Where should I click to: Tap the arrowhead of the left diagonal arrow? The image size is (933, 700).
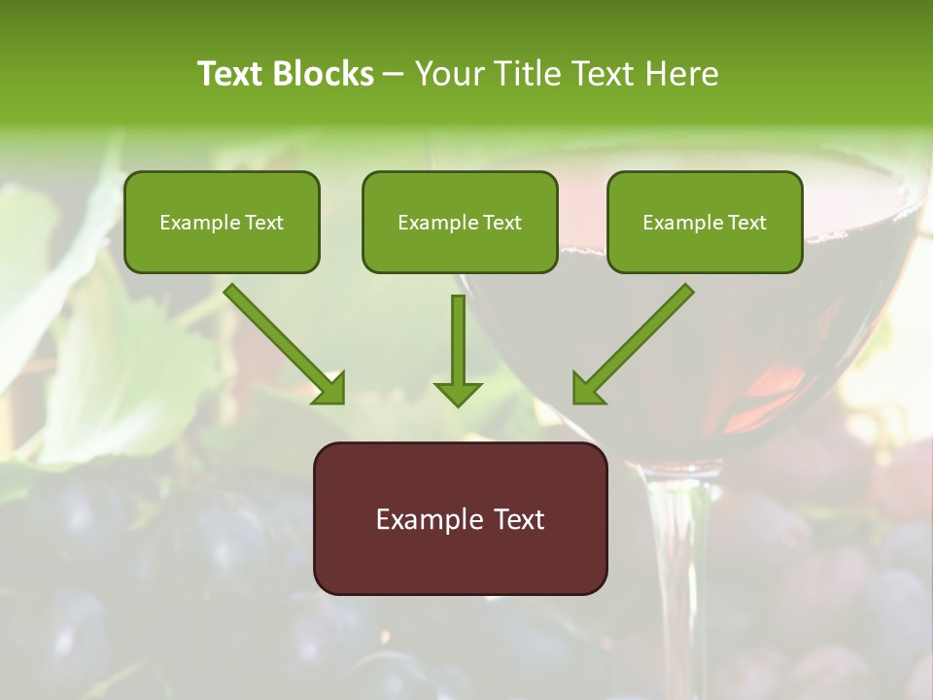[330, 389]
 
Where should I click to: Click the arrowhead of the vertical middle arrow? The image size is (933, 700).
[458, 394]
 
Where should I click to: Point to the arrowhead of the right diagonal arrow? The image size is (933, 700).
[587, 389]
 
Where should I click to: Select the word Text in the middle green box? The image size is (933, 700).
[501, 223]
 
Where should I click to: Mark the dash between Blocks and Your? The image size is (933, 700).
[395, 75]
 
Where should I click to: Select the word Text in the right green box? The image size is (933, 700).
[746, 223]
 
